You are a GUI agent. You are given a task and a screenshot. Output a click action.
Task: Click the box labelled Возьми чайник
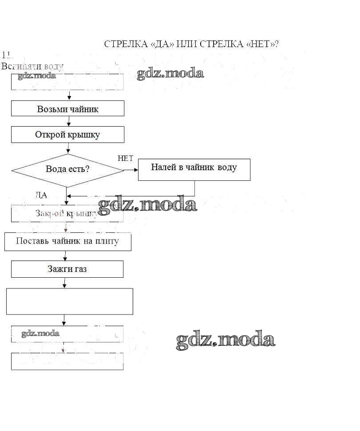coord(67,108)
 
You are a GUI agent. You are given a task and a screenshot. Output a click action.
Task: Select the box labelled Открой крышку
coord(67,135)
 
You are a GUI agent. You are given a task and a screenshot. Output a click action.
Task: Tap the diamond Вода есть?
coord(67,170)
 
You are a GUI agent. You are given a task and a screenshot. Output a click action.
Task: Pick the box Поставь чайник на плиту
coord(67,242)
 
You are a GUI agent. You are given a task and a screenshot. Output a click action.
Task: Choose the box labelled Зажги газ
coord(67,269)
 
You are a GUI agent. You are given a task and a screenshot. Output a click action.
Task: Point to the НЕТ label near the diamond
coord(125,159)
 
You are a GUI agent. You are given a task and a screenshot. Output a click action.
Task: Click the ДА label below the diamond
coord(41,195)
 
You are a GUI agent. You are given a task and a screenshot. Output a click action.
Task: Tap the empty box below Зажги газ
coord(70,301)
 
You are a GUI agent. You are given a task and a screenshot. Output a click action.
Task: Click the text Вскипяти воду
coord(32,66)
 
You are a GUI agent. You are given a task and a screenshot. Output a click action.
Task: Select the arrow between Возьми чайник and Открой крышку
coord(69,121)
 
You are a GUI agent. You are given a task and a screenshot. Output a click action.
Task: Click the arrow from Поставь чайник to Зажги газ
coord(65,255)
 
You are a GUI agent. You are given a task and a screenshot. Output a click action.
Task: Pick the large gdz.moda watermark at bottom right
coord(225,340)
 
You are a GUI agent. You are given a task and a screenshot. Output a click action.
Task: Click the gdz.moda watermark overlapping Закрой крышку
coord(147,205)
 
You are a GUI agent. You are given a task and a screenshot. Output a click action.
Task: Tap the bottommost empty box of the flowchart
coord(67,361)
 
